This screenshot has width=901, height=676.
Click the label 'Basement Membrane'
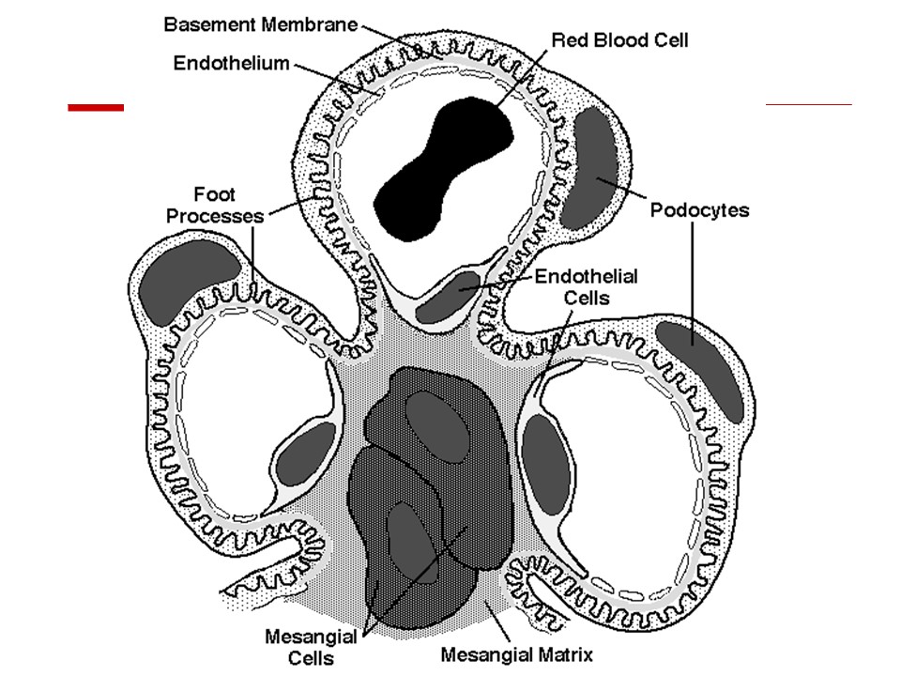click(x=261, y=24)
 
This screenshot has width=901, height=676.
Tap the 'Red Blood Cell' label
click(x=619, y=40)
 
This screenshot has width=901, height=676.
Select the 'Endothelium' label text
click(x=232, y=63)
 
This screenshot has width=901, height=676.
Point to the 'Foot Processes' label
click(x=214, y=205)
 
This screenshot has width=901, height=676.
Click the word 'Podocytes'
click(x=699, y=210)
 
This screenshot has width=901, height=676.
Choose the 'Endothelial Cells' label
click(x=586, y=287)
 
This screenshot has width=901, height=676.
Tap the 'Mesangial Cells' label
click(x=311, y=647)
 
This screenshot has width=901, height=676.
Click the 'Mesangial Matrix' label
click(x=516, y=654)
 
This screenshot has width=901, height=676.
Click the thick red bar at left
click(x=96, y=107)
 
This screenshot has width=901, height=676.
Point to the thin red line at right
click(x=809, y=104)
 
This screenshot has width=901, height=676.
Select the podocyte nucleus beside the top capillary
click(x=589, y=168)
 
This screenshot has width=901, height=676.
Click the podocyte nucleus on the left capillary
click(x=189, y=280)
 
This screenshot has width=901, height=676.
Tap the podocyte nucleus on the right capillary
click(x=700, y=372)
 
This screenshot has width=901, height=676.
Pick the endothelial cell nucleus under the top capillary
click(x=447, y=298)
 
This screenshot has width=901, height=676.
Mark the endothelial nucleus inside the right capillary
click(x=546, y=465)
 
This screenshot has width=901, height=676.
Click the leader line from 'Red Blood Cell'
click(x=521, y=78)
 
